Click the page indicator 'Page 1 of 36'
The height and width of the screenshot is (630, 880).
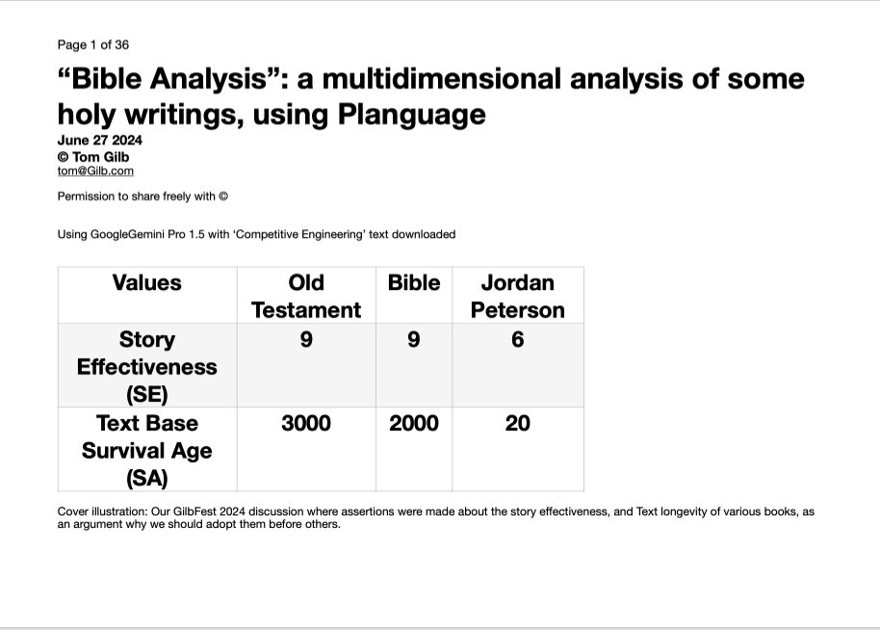point(93,44)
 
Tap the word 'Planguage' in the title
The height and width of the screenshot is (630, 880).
point(411,114)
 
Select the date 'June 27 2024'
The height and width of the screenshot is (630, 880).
point(100,140)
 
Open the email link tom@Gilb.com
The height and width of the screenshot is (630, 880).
point(95,171)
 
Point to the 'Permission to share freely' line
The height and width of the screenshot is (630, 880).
point(142,197)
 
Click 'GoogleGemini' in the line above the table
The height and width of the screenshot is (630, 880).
point(128,234)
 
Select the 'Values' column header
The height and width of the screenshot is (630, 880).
point(147,283)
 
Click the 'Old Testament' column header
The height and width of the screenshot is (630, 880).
point(306,296)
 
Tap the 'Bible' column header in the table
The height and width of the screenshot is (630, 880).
point(414,283)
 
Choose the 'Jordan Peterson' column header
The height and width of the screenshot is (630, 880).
point(518,296)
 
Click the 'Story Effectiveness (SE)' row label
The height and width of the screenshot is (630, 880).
point(147,366)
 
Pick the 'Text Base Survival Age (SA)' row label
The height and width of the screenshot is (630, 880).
point(147,450)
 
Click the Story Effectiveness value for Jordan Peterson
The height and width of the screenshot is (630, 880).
point(518,339)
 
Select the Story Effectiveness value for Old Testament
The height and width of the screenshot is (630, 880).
point(306,339)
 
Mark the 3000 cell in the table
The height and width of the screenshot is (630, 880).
point(306,423)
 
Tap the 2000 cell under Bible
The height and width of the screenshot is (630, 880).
point(414,423)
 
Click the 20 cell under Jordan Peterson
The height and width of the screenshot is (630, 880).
point(518,423)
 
